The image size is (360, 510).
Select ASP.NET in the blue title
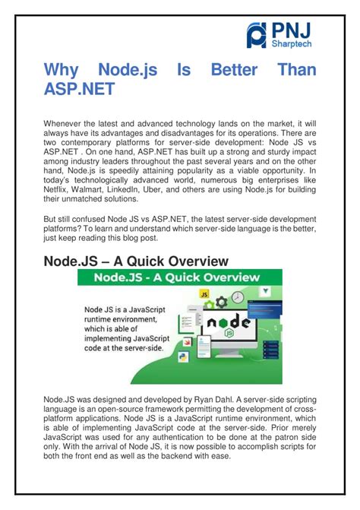tap(80, 89)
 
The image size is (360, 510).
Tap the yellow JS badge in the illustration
tap(204, 293)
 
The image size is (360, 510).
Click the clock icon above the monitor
tap(238, 296)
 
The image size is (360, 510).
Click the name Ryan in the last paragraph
tap(191, 399)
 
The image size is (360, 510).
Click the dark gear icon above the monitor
tap(220, 303)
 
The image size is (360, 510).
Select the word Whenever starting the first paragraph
tap(65, 124)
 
